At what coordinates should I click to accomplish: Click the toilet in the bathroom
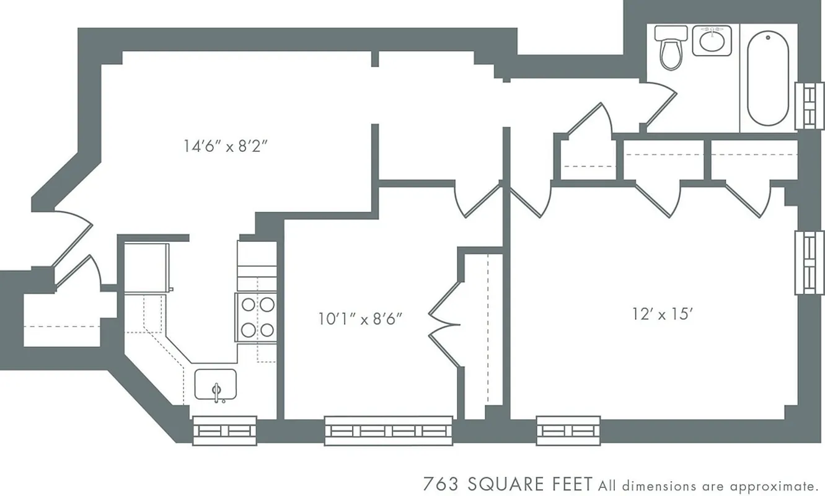click(x=671, y=48)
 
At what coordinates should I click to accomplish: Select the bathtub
click(x=768, y=77)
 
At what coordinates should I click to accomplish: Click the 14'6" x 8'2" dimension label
click(x=229, y=147)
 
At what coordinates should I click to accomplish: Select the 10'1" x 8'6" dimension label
click(x=360, y=319)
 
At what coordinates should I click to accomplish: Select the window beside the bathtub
click(x=809, y=106)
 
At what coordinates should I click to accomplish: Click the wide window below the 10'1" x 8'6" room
click(x=389, y=430)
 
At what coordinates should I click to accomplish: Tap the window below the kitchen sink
click(x=224, y=430)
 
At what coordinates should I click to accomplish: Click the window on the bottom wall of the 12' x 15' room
click(x=568, y=430)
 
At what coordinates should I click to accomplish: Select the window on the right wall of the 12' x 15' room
click(x=809, y=263)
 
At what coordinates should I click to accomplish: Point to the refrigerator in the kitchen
click(x=147, y=267)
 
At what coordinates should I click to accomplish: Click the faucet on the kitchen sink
click(x=216, y=392)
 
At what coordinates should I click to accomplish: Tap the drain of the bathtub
click(x=768, y=38)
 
